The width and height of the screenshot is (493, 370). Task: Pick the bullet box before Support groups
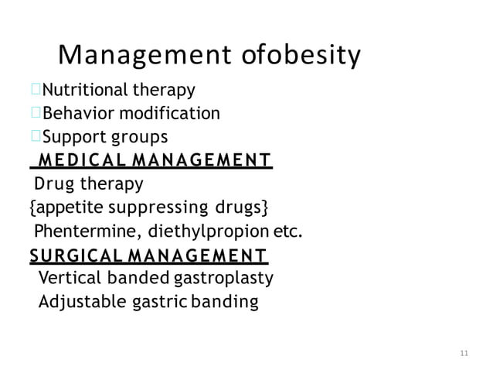click(36, 138)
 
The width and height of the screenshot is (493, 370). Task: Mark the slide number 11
click(464, 354)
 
